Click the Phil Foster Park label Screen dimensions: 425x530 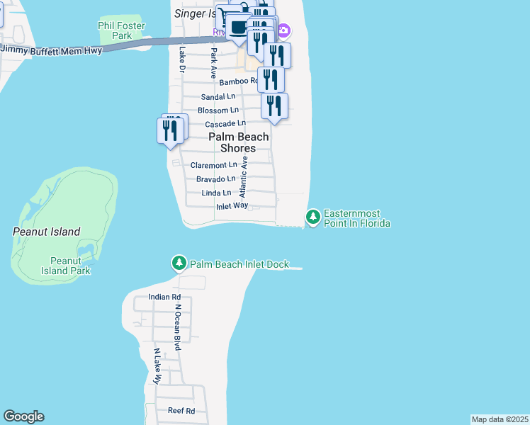click(x=122, y=30)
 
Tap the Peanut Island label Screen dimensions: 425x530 click(x=47, y=232)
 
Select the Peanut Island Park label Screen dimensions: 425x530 click(x=65, y=266)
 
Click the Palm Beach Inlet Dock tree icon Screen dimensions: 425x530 click(x=179, y=263)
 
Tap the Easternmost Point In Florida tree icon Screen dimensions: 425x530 click(x=312, y=215)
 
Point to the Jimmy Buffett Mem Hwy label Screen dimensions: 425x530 click(x=51, y=50)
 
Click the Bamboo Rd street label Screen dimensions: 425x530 click(x=237, y=82)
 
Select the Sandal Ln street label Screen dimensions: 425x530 click(x=218, y=96)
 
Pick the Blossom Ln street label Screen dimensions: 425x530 click(x=218, y=110)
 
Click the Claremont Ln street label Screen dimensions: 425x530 click(x=214, y=165)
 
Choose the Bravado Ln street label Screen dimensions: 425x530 click(x=215, y=178)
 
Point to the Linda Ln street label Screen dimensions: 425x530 click(x=216, y=193)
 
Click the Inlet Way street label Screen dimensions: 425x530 click(x=232, y=205)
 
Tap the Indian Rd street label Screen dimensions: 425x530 click(x=164, y=297)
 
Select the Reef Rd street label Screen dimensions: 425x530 click(x=181, y=411)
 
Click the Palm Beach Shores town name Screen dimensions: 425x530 click(x=238, y=142)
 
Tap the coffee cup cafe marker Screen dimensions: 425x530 click(x=238, y=27)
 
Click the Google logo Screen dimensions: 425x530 click(x=23, y=416)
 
